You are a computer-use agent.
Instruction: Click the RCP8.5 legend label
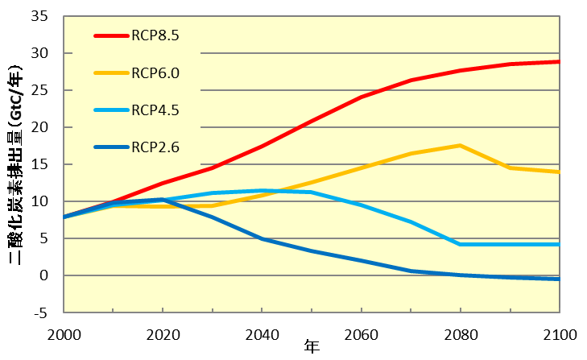[155, 36]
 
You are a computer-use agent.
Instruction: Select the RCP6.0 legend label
[155, 73]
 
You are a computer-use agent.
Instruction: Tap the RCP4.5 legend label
[155, 110]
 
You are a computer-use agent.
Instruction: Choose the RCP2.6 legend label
[155, 147]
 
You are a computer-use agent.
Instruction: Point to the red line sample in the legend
[111, 36]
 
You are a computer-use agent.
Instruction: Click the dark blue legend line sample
[111, 147]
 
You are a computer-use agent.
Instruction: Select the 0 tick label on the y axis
[46, 275]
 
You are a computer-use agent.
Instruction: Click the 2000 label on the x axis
[64, 333]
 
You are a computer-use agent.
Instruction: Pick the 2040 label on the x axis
[262, 333]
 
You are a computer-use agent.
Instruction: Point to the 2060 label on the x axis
[361, 333]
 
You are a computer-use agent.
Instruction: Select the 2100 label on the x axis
[559, 333]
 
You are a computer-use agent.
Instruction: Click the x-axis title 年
[312, 348]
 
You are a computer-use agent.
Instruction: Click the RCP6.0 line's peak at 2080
[460, 145]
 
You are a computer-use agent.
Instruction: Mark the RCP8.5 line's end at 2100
[559, 61]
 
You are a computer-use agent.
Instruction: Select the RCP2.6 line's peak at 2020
[163, 199]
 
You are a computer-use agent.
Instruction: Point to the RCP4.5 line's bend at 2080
[460, 244]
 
